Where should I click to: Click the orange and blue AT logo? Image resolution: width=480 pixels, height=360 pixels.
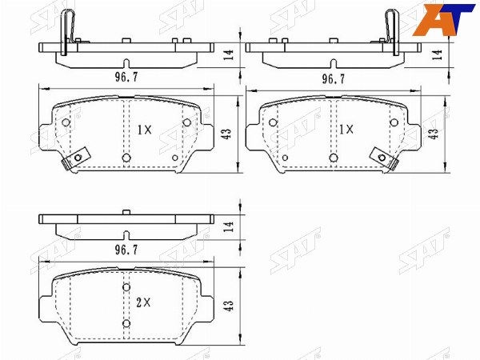click(x=443, y=19)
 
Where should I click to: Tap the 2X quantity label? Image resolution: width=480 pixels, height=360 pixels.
click(x=143, y=303)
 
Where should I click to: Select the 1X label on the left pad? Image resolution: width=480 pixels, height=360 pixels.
click(x=144, y=130)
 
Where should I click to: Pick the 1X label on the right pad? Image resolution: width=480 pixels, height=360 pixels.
click(x=346, y=130)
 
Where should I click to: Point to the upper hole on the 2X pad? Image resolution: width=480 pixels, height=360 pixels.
click(x=126, y=287)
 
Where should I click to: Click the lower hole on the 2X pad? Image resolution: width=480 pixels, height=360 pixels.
click(x=126, y=323)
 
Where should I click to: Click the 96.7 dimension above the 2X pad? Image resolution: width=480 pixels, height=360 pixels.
click(x=126, y=250)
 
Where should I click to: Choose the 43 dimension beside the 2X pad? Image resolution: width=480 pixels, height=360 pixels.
click(x=229, y=306)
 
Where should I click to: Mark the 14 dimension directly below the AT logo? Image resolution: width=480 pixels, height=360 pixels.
click(x=438, y=54)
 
